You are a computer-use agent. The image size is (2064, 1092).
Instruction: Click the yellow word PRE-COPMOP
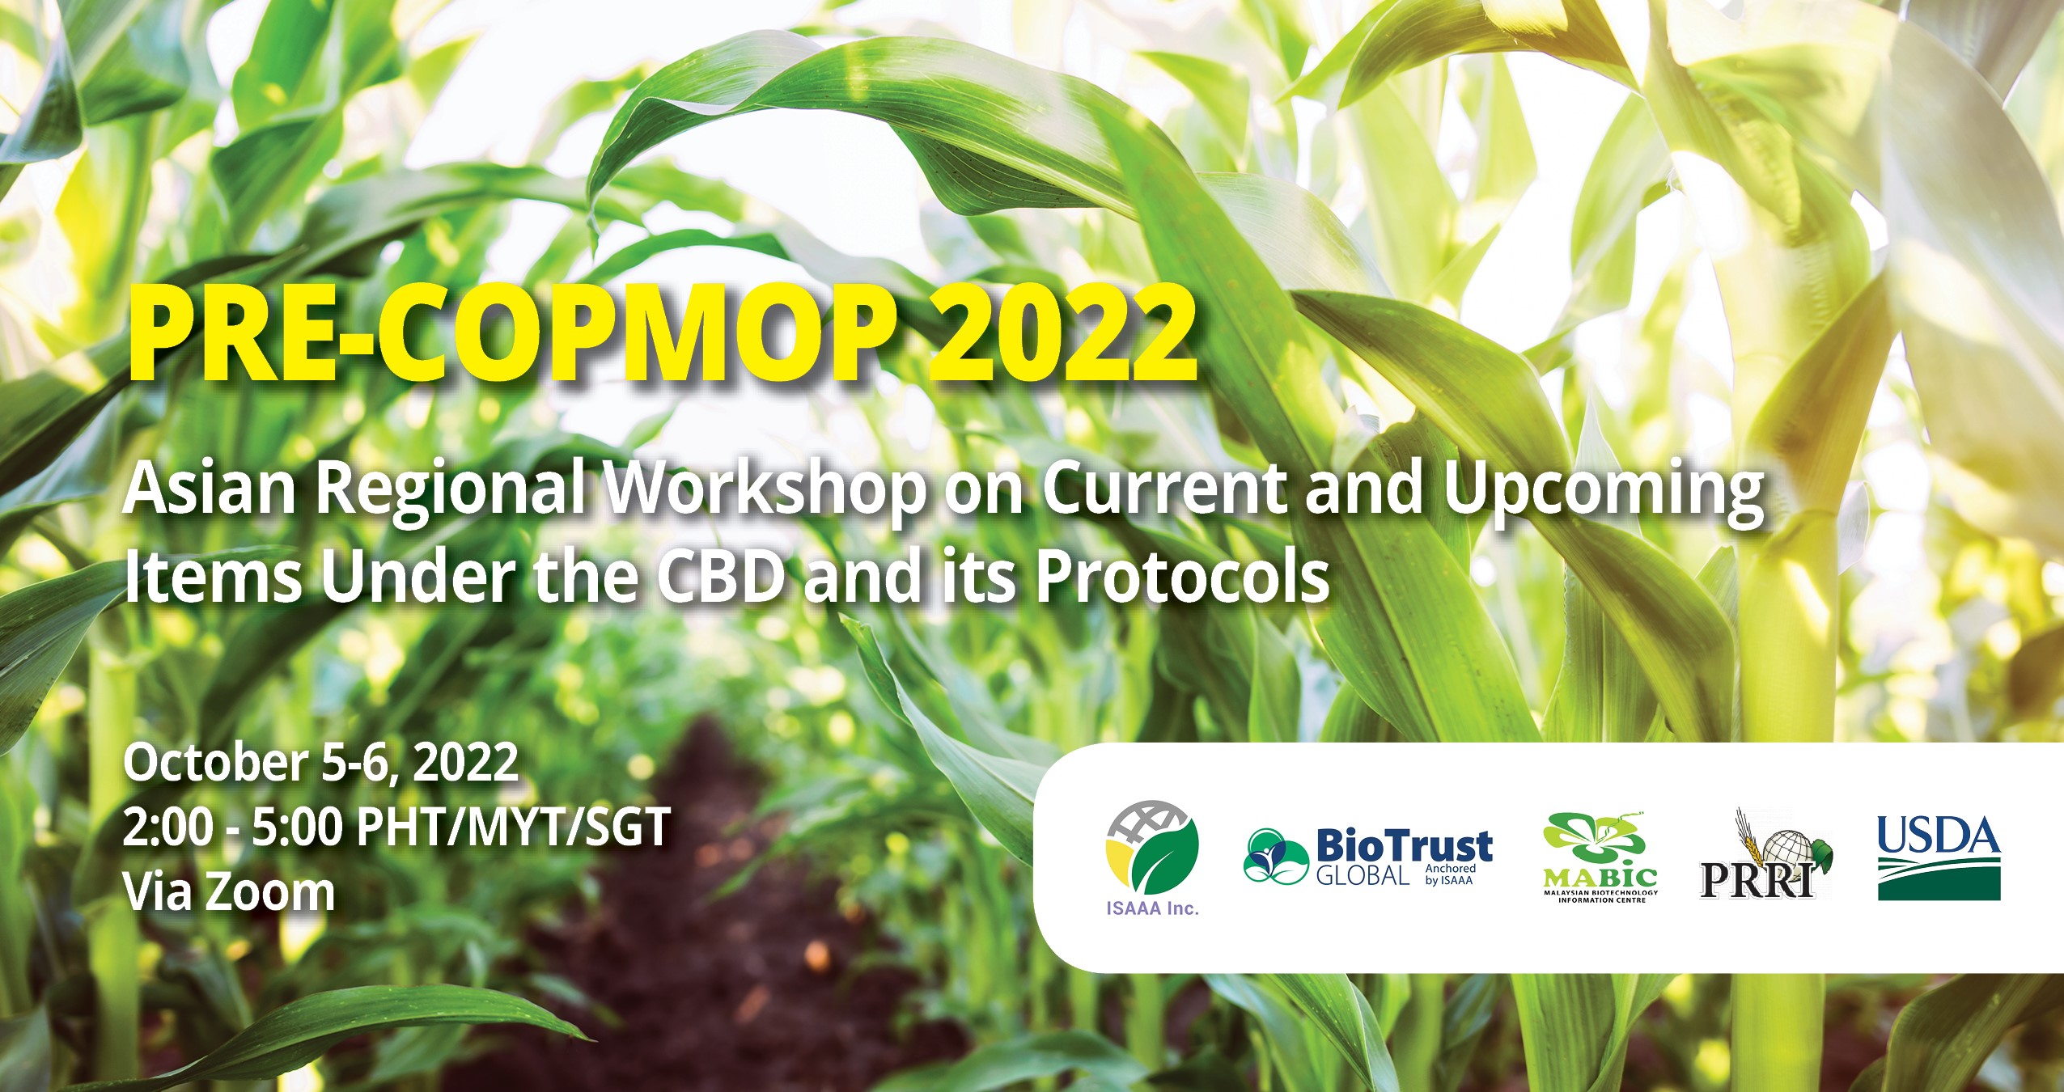tap(513, 333)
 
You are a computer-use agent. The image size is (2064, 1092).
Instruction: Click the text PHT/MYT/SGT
tap(513, 827)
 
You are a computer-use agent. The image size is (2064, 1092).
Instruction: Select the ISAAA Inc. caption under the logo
tap(1152, 908)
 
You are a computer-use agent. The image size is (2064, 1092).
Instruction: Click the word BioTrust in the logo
tap(1404, 846)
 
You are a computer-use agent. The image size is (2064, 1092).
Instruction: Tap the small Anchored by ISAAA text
tap(1450, 874)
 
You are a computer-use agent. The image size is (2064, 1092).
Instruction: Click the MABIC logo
tap(1600, 857)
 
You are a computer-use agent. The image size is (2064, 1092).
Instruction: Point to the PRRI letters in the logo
tap(1756, 879)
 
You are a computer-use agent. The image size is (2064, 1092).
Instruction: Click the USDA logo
tap(1938, 857)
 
